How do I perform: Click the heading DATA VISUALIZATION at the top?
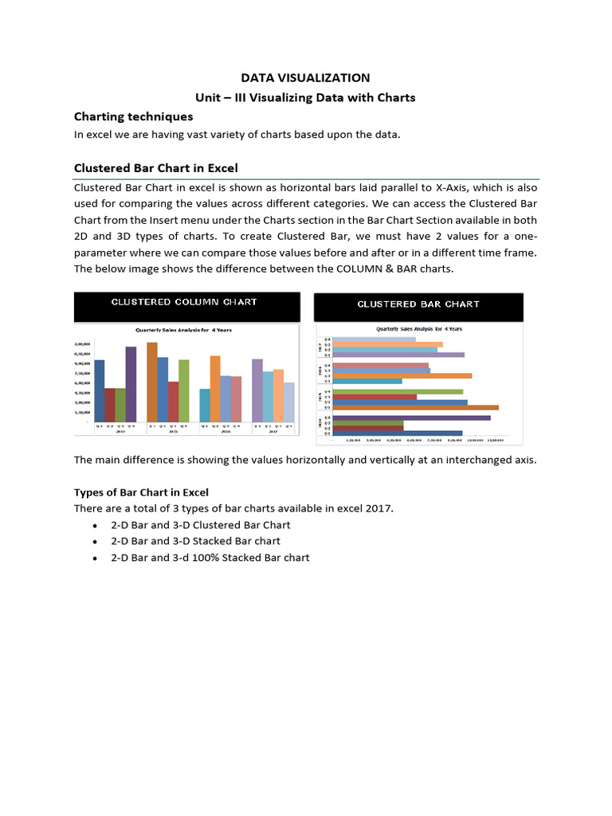(306, 78)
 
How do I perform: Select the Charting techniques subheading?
(133, 117)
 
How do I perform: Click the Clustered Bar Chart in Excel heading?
(155, 168)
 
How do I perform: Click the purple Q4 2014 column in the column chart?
(131, 384)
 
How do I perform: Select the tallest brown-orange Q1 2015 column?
(152, 382)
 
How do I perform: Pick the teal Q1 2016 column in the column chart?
(205, 405)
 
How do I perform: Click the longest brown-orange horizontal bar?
(415, 407)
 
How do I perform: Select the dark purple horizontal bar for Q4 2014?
(411, 417)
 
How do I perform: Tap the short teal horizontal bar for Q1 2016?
(367, 381)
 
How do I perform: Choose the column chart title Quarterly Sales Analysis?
(184, 329)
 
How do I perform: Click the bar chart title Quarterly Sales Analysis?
(418, 328)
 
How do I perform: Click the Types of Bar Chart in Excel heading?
(141, 492)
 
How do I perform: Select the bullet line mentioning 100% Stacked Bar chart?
(210, 558)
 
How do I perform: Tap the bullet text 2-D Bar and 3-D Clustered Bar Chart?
(201, 525)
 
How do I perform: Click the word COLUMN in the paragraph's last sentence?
(409, 269)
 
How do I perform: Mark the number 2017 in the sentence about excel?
(380, 508)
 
